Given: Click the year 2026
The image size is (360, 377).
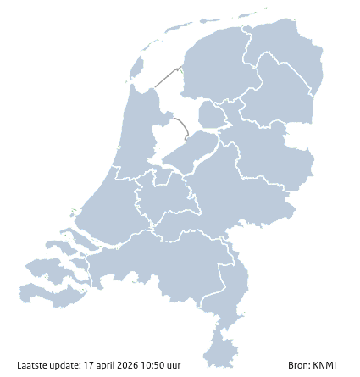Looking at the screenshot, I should [128, 366].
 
